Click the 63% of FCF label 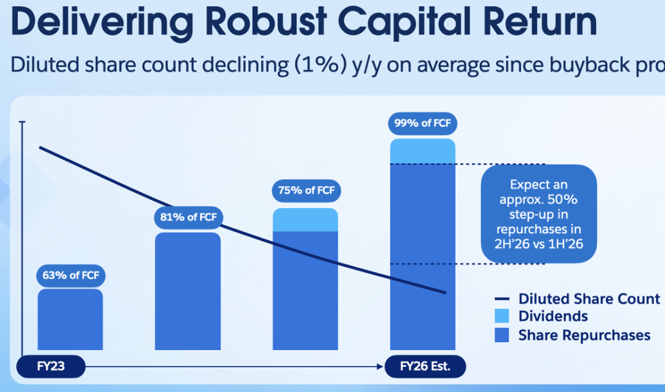point(70,275)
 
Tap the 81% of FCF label point(188,217)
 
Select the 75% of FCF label point(306,191)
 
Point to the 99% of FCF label point(422,123)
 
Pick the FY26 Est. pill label point(425,367)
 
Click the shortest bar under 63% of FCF point(70,320)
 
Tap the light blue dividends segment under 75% point(305,220)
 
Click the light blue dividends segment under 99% point(422,151)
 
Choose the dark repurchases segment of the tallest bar point(422,258)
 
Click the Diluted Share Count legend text point(589,299)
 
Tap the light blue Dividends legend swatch point(502,317)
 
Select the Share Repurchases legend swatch point(502,335)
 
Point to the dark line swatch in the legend point(502,300)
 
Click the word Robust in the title point(259,23)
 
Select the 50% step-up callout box point(539,214)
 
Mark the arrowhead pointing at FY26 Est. point(381,367)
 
